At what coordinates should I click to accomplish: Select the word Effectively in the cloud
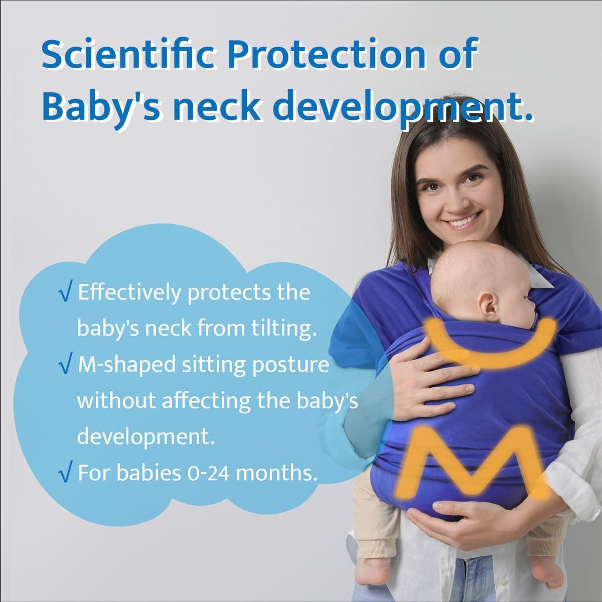[129, 292]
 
